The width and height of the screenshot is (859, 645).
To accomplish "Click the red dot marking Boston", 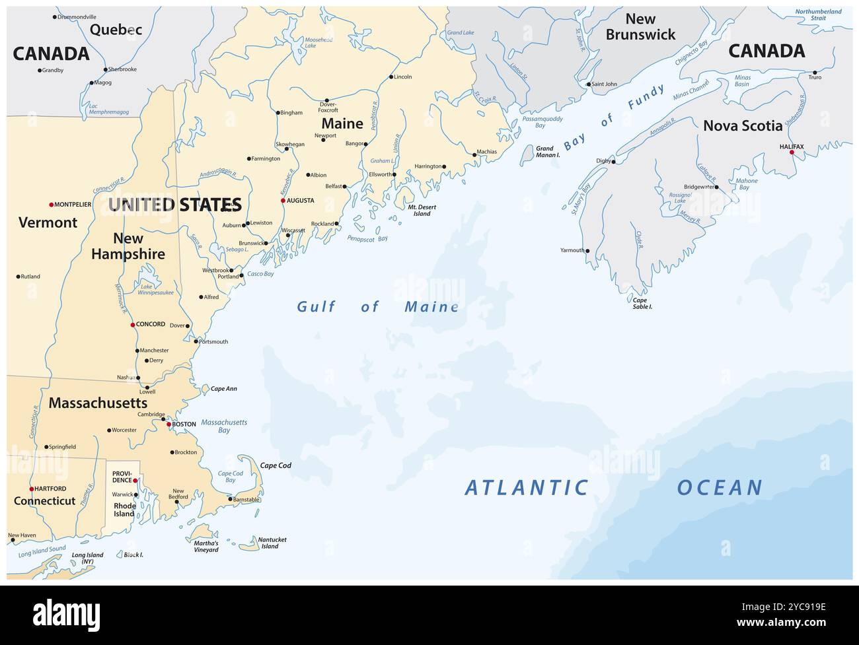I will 168,424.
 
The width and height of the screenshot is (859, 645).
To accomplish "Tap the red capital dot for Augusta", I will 283,201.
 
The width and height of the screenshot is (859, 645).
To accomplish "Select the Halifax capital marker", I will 792,153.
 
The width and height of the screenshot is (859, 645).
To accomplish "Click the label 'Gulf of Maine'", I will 377,306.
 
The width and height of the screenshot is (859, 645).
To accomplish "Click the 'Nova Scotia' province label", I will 742,125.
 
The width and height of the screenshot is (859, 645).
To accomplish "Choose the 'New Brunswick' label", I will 640,27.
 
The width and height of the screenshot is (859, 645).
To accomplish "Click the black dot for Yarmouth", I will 587,251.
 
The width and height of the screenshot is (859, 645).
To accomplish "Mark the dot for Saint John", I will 589,85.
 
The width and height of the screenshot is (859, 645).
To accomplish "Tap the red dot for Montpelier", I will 51,205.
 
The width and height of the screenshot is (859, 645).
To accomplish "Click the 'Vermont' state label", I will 48,222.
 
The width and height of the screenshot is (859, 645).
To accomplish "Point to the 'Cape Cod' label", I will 276,465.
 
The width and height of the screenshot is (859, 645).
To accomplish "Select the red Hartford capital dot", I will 32,489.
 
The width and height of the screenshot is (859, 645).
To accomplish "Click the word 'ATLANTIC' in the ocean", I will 526,488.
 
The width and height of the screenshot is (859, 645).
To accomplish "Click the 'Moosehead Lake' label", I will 318,43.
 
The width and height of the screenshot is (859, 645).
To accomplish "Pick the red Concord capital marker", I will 132,325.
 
